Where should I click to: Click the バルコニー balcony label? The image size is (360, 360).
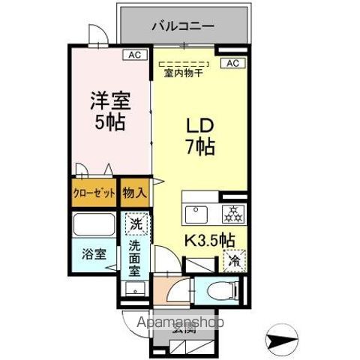tap(183, 25)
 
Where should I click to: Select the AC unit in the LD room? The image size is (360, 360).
tap(232, 62)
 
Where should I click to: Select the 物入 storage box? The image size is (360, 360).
tap(135, 193)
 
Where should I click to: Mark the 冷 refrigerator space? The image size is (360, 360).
tap(233, 262)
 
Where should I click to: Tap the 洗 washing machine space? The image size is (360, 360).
tap(136, 223)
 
